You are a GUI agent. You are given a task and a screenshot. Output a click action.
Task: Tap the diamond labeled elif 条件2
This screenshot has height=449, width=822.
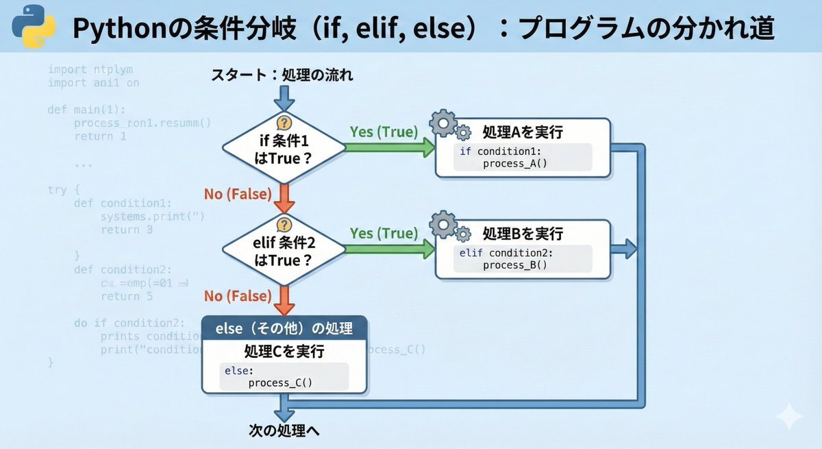click(x=284, y=251)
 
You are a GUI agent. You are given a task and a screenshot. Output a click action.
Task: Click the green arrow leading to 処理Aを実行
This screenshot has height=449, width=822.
click(x=390, y=146)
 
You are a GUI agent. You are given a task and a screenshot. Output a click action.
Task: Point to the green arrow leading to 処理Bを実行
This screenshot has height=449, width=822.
click(x=390, y=249)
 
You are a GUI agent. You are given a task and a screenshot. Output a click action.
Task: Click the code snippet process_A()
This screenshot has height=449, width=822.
click(x=516, y=163)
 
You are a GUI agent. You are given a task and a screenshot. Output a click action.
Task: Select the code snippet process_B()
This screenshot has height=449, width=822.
click(x=515, y=265)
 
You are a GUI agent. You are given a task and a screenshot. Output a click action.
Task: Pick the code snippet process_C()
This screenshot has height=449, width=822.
click(x=279, y=383)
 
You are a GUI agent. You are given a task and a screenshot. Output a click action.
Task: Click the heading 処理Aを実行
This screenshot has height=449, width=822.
click(x=523, y=132)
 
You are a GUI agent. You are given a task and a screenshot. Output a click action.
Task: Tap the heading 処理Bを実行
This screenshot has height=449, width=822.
click(x=523, y=233)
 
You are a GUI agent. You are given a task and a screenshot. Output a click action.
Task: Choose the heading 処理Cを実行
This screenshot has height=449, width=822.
click(x=284, y=352)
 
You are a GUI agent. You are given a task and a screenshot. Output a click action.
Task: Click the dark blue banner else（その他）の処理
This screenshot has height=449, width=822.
click(x=284, y=328)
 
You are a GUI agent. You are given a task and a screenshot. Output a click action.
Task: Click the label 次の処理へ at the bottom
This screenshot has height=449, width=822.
click(x=284, y=431)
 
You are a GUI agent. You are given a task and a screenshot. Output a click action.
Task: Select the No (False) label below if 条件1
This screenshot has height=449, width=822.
click(x=238, y=194)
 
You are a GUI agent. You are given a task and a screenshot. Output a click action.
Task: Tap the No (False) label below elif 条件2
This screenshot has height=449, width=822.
click(x=238, y=295)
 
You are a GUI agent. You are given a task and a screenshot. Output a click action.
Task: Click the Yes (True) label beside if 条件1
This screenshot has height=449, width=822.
click(x=383, y=130)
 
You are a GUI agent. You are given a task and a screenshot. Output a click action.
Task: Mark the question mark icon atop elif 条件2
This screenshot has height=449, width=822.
click(x=284, y=225)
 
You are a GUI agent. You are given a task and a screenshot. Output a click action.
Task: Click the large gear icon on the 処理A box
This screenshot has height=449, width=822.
click(x=443, y=123)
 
